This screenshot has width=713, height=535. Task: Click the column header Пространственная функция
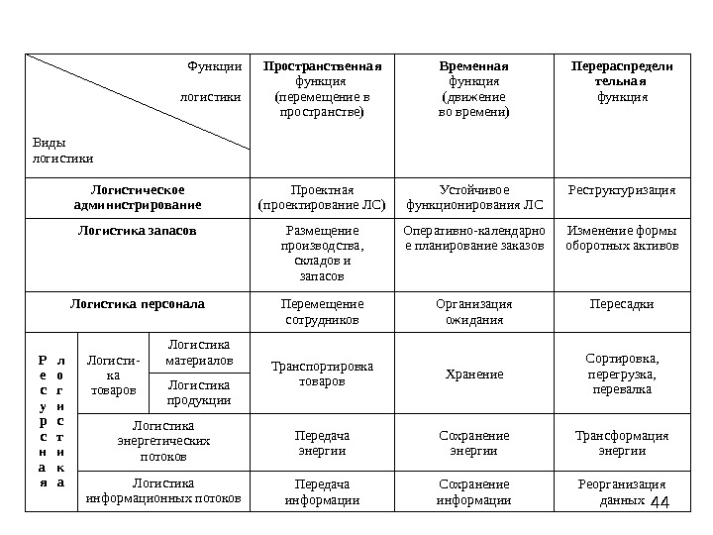[x=322, y=90]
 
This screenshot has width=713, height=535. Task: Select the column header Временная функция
[x=473, y=90]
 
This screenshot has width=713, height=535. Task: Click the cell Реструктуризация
[x=622, y=189]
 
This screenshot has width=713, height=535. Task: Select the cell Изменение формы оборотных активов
[x=622, y=238]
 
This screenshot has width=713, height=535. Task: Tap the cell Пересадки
[x=622, y=303]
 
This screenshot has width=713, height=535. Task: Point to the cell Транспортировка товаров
[x=322, y=374]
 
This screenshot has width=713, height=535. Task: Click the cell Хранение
[x=473, y=374]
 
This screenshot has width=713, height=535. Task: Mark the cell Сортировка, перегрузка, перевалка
[x=622, y=374]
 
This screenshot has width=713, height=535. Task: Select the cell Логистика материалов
[x=199, y=352]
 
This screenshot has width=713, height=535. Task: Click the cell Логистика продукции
[x=199, y=392]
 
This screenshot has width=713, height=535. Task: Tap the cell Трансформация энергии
[x=622, y=443]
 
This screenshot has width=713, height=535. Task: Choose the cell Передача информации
[x=322, y=492]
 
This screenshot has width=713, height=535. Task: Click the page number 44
[x=661, y=504]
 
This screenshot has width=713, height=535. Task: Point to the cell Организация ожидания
[x=473, y=312]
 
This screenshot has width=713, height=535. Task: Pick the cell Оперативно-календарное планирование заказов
[x=473, y=238]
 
